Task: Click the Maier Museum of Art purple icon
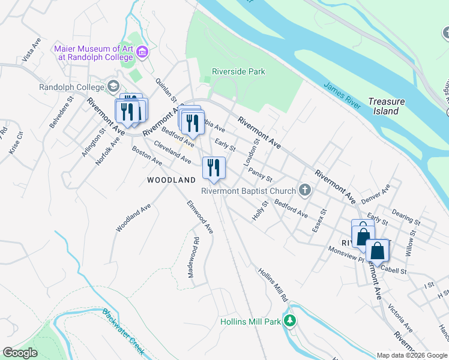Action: (x=142, y=53)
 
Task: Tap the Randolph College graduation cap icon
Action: (x=113, y=87)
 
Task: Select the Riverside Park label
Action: (x=238, y=72)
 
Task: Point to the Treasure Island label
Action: (x=387, y=106)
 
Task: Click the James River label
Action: (x=342, y=96)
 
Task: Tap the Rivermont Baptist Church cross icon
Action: (x=305, y=191)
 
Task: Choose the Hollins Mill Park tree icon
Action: (x=291, y=322)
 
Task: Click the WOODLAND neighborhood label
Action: (x=172, y=180)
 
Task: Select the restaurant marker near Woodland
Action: (x=214, y=167)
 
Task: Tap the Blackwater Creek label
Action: (x=122, y=331)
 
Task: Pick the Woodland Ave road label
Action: (x=133, y=217)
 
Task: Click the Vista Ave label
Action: (x=31, y=50)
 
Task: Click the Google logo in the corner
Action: (x=20, y=353)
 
